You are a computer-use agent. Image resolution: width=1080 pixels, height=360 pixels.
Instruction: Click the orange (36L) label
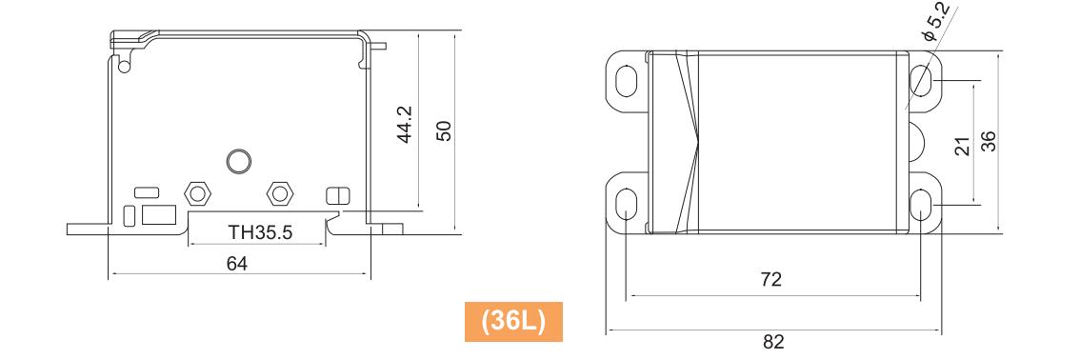coord(514,322)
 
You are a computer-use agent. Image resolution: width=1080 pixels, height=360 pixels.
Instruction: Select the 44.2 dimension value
coord(406,125)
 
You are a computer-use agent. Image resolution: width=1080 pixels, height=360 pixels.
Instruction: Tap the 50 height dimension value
coord(444,130)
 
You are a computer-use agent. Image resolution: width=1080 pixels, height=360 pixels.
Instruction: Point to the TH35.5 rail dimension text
coord(261,232)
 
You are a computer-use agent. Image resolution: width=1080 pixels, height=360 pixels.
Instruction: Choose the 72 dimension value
coord(771,279)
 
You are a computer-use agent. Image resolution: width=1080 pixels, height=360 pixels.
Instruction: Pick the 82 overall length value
coord(773,341)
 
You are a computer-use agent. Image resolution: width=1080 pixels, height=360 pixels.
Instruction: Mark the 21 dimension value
coord(963,146)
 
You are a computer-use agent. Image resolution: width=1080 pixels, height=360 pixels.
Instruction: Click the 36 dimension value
coord(988,141)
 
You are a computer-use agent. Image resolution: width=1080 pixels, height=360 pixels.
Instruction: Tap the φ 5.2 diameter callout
coord(937,23)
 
